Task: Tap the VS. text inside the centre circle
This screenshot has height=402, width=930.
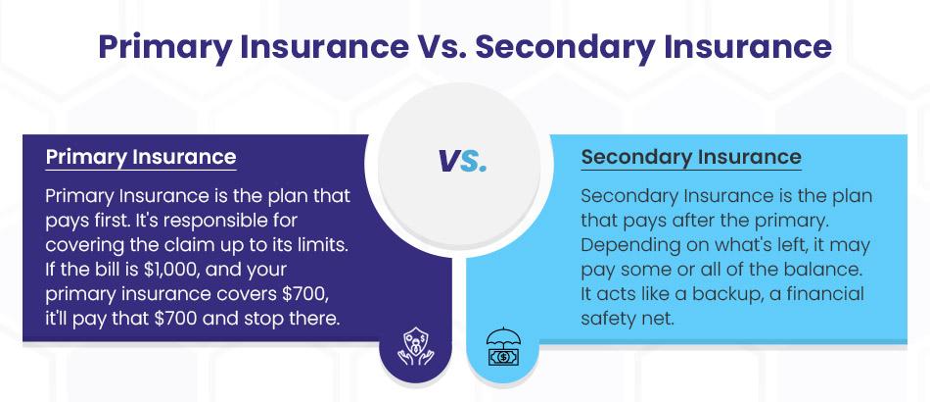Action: pyautogui.click(x=462, y=161)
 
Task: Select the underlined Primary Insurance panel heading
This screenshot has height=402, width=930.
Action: pyautogui.click(x=141, y=157)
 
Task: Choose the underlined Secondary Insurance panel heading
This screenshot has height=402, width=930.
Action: pyautogui.click(x=691, y=157)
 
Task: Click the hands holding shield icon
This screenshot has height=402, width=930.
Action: pyautogui.click(x=415, y=348)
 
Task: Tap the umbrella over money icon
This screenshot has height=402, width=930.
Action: pyautogui.click(x=503, y=346)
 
